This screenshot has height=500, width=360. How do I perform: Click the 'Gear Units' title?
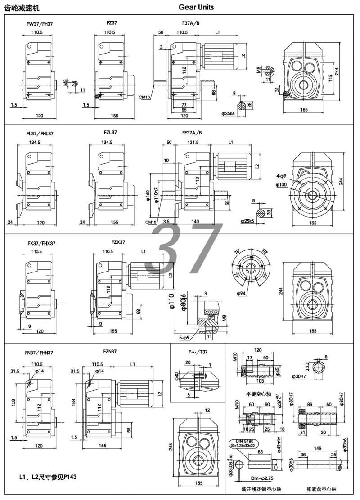[x=196, y=7]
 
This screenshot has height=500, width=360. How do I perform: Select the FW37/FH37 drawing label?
[x=40, y=23]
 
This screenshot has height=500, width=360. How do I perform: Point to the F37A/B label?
[x=191, y=22]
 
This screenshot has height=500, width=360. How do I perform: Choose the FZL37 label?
[x=110, y=133]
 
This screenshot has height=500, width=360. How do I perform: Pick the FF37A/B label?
[x=192, y=133]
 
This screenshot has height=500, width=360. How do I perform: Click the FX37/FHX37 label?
[x=41, y=243]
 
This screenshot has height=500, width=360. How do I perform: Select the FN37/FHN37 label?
[x=40, y=353]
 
